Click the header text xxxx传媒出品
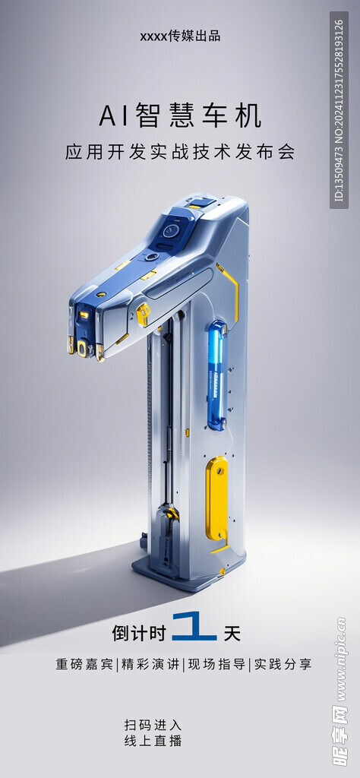coord(180,36)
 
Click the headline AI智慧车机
coord(180,118)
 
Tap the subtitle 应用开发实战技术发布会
coord(180,152)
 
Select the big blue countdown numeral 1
coord(194,627)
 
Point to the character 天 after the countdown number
coord(232,633)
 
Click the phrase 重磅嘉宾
coord(84,664)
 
